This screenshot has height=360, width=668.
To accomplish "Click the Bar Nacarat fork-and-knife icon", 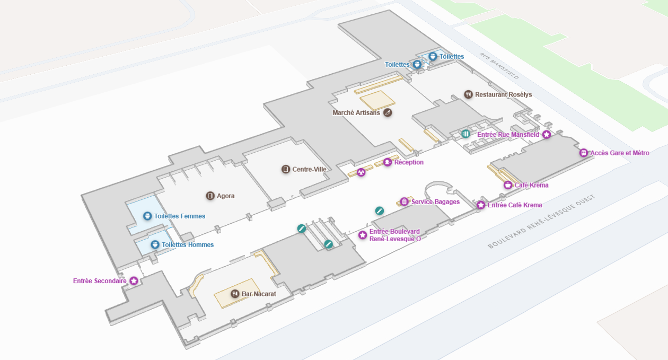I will click(x=235, y=294).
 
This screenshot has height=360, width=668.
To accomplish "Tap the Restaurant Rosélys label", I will click(x=503, y=94).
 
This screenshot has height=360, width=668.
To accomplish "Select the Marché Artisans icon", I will click(x=388, y=112).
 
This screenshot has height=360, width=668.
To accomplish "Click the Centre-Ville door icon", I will click(x=286, y=169).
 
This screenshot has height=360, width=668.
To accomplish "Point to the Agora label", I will click(x=225, y=196).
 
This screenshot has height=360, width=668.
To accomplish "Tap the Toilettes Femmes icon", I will click(x=147, y=216).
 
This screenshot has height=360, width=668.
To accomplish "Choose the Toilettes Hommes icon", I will click(x=155, y=244).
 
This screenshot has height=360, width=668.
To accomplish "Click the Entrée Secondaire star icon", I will click(x=134, y=280).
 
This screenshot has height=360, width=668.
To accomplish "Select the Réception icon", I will click(x=388, y=162).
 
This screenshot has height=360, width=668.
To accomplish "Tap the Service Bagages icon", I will click(x=405, y=201).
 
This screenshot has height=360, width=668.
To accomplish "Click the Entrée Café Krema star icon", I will click(x=481, y=205).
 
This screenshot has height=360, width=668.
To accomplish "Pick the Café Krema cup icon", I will click(x=508, y=185).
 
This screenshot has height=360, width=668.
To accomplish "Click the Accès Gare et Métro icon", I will click(x=584, y=153).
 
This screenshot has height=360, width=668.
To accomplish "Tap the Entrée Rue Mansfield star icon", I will click(x=547, y=135).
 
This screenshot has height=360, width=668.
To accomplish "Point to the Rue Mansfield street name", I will click(x=498, y=65).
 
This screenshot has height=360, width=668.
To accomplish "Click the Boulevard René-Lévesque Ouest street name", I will click(x=542, y=221).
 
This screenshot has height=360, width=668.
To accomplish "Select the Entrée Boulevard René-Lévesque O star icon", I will click(x=363, y=235).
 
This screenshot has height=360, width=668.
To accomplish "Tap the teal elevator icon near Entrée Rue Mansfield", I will click(x=465, y=134).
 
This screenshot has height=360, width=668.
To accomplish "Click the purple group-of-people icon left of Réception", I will click(x=361, y=172).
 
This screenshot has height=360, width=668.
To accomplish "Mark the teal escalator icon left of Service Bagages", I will click(x=380, y=210).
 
